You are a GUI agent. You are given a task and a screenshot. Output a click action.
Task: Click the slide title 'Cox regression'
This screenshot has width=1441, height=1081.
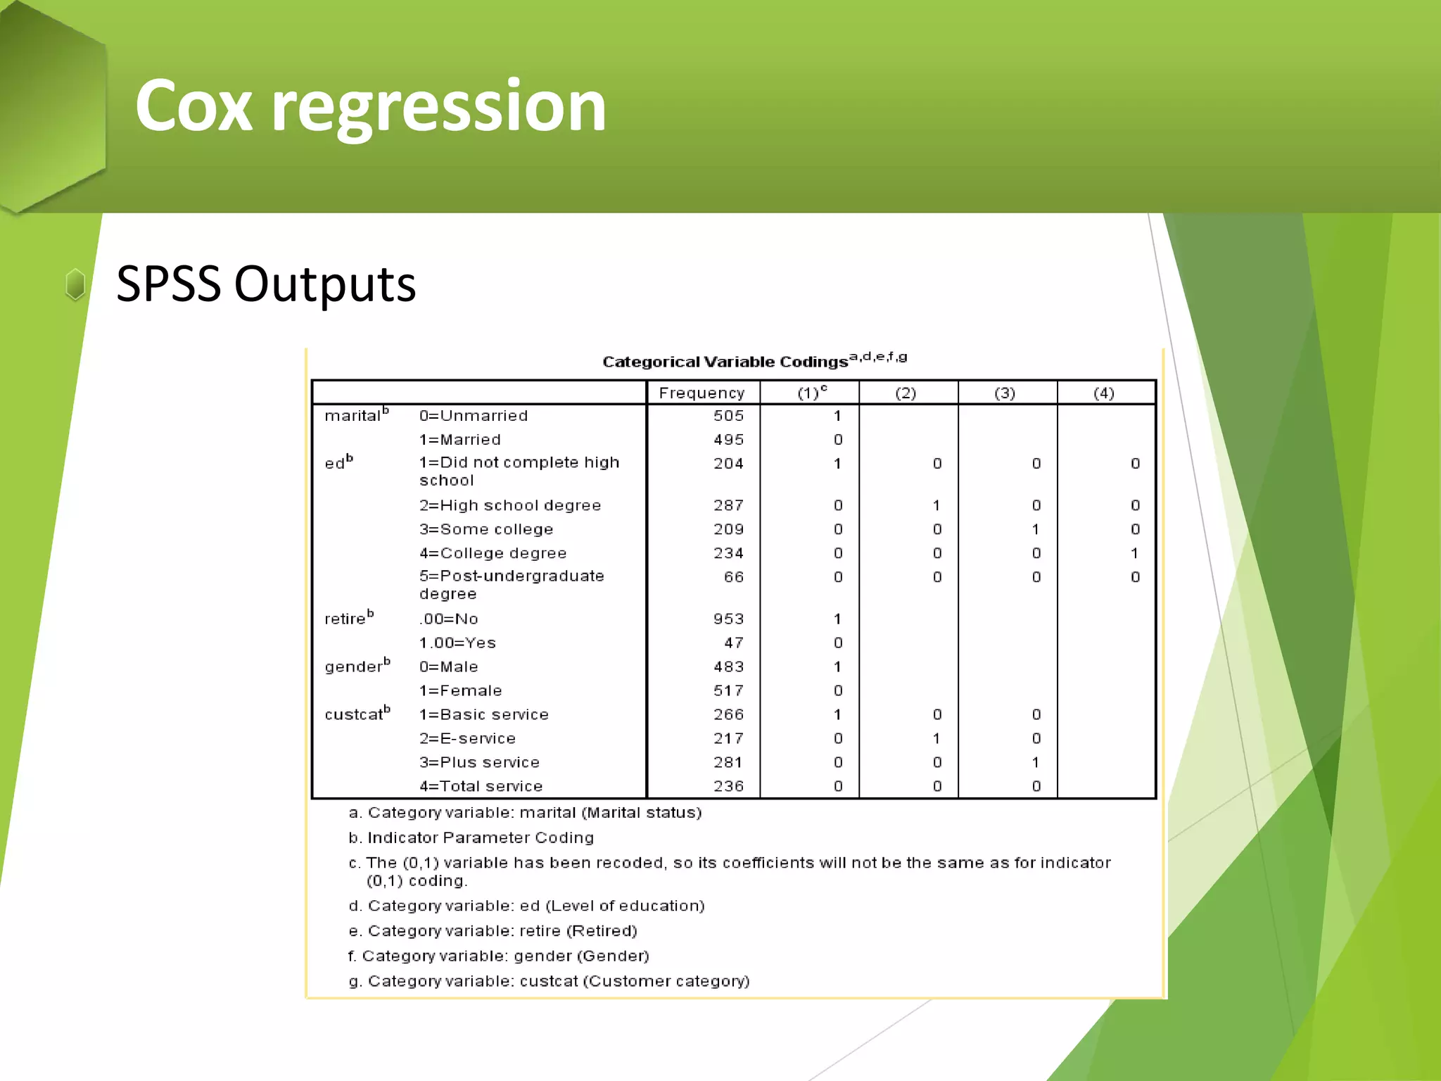click(370, 106)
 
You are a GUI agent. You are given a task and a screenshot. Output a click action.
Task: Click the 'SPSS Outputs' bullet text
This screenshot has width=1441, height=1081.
click(266, 284)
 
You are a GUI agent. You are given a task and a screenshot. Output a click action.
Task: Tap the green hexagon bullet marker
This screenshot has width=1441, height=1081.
click(75, 284)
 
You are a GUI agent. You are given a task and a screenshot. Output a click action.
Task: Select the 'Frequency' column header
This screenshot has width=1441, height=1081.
click(702, 393)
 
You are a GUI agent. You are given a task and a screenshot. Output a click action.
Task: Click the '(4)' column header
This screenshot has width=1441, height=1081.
click(1103, 393)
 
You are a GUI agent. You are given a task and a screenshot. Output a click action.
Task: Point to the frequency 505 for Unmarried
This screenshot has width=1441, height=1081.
click(728, 416)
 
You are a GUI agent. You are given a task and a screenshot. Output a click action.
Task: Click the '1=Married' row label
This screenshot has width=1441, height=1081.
click(460, 440)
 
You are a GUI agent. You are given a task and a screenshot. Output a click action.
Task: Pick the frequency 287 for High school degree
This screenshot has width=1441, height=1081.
click(728, 505)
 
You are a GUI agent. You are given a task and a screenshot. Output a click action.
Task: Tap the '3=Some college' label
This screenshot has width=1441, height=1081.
click(486, 529)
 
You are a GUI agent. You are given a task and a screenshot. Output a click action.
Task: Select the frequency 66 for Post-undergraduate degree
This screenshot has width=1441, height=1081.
click(733, 577)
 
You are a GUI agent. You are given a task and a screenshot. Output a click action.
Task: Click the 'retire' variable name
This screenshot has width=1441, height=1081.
click(345, 619)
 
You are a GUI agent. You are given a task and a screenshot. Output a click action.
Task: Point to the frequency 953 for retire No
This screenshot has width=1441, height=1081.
click(728, 619)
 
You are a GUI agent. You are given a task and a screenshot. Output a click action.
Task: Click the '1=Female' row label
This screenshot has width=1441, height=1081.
click(460, 691)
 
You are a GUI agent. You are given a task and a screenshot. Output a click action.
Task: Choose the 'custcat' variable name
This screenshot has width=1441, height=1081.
click(354, 715)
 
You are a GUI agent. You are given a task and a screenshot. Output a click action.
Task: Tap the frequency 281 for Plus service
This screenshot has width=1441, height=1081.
click(728, 763)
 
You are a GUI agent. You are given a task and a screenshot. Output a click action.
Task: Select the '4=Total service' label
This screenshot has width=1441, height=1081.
click(481, 787)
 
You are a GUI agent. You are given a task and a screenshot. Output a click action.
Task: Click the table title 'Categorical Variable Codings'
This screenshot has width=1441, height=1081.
click(725, 362)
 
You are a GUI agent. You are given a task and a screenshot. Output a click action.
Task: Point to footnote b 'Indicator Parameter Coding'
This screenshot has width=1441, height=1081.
click(471, 837)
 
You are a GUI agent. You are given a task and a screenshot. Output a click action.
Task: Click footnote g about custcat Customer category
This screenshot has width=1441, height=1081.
click(549, 981)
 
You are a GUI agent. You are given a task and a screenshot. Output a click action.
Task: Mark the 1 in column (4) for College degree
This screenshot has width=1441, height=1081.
click(1134, 553)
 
